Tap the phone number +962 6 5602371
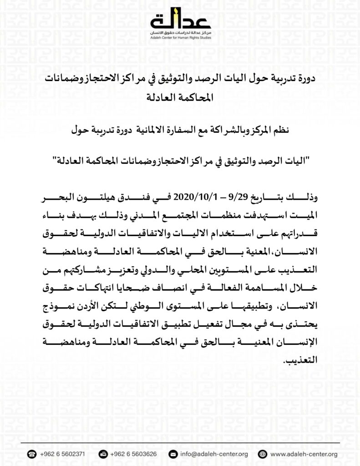pyautogui.click(x=63, y=454)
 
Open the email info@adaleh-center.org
pyautogui.click(x=213, y=454)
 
